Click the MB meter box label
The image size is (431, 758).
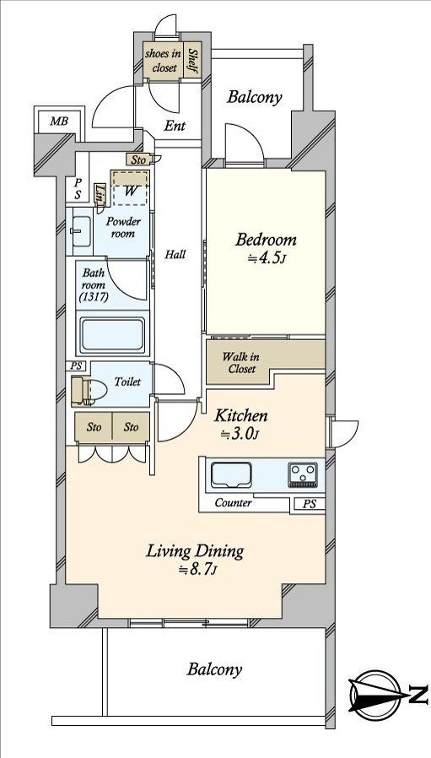[x=59, y=121]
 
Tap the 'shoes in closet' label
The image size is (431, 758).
[x=164, y=61]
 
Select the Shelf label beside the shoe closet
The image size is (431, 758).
[x=193, y=61]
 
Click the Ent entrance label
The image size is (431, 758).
[x=175, y=126]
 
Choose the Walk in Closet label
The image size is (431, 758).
[x=240, y=363]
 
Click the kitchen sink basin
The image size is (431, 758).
[x=231, y=474]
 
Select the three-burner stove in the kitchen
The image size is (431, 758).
[x=303, y=474]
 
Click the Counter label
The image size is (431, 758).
[x=233, y=503]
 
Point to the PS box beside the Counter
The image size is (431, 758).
[x=310, y=504]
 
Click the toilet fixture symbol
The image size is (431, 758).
[x=89, y=391]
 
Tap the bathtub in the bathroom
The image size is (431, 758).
[x=112, y=334]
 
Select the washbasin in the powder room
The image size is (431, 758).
[x=81, y=231]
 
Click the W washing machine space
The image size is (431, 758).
[x=130, y=188]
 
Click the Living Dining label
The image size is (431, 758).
[x=195, y=550]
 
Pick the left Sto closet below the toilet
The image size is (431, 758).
[x=94, y=427]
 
